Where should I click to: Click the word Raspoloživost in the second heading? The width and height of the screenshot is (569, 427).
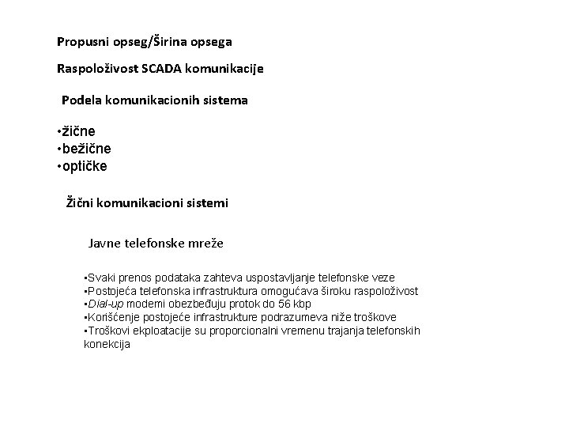tap(98, 69)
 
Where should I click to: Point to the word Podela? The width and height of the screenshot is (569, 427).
tap(81, 100)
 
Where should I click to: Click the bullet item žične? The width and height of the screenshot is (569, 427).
tap(78, 130)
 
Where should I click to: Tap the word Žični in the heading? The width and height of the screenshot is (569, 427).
tap(82, 202)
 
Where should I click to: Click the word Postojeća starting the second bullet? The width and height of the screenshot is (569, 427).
tap(111, 291)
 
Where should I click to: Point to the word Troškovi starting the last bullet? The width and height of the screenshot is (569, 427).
tap(108, 331)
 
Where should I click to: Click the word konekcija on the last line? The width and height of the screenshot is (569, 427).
tap(107, 344)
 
